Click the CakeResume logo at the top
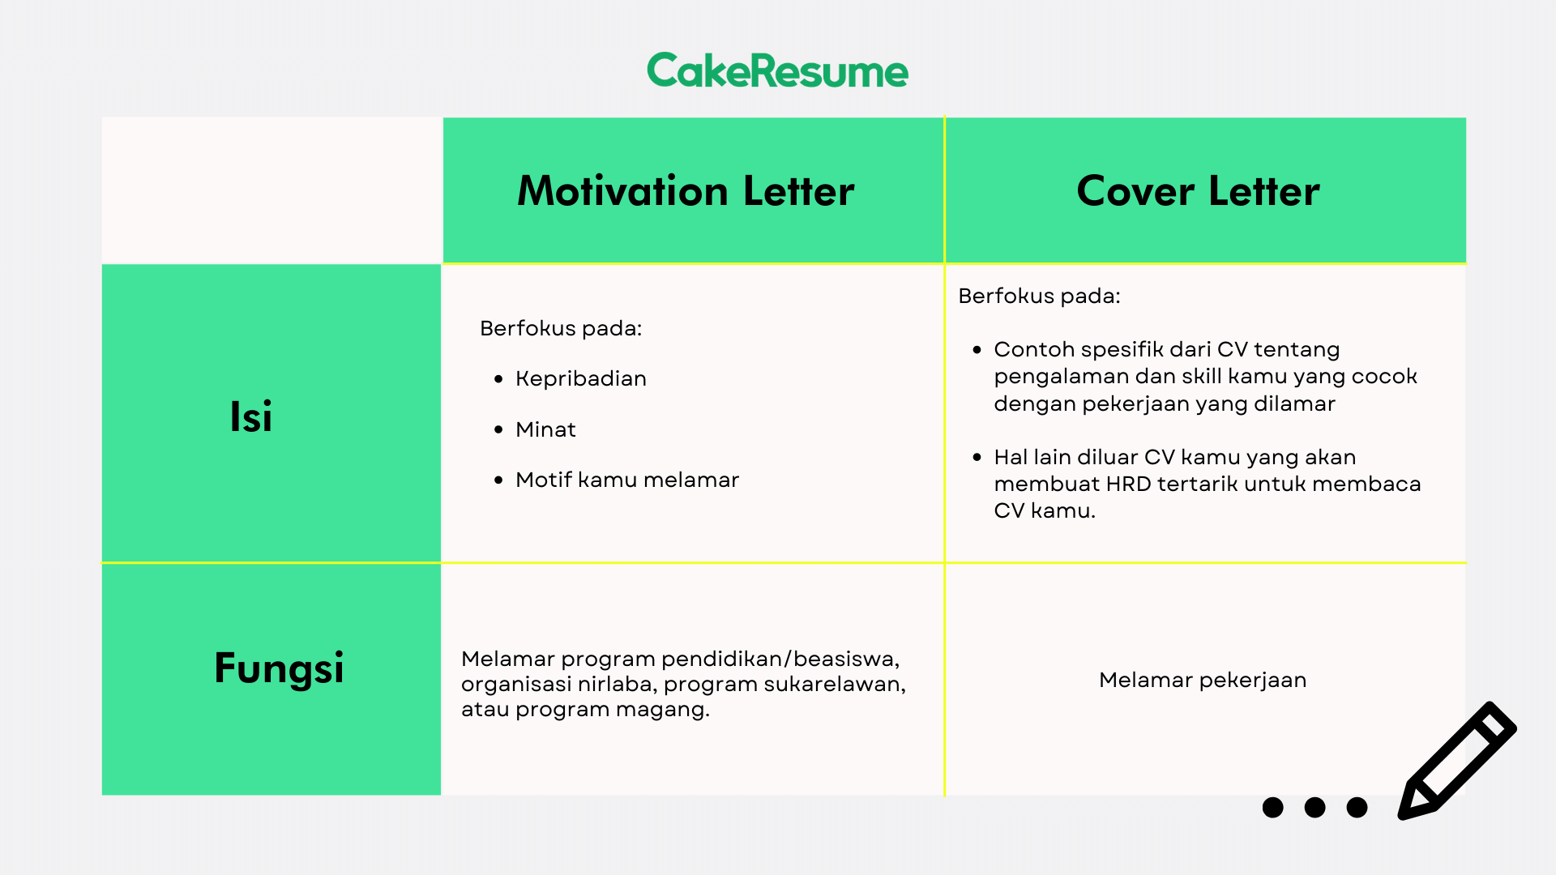(778, 70)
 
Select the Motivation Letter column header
(686, 191)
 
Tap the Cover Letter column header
(1198, 191)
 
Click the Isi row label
(251, 416)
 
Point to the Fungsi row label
(279, 668)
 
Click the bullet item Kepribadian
(581, 379)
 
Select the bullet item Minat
(545, 429)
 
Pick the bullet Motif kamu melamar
(627, 480)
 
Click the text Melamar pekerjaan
(1203, 680)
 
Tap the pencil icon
(1457, 760)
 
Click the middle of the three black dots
(1314, 807)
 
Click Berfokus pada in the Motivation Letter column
(561, 328)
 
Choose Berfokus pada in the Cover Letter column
(1039, 296)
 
